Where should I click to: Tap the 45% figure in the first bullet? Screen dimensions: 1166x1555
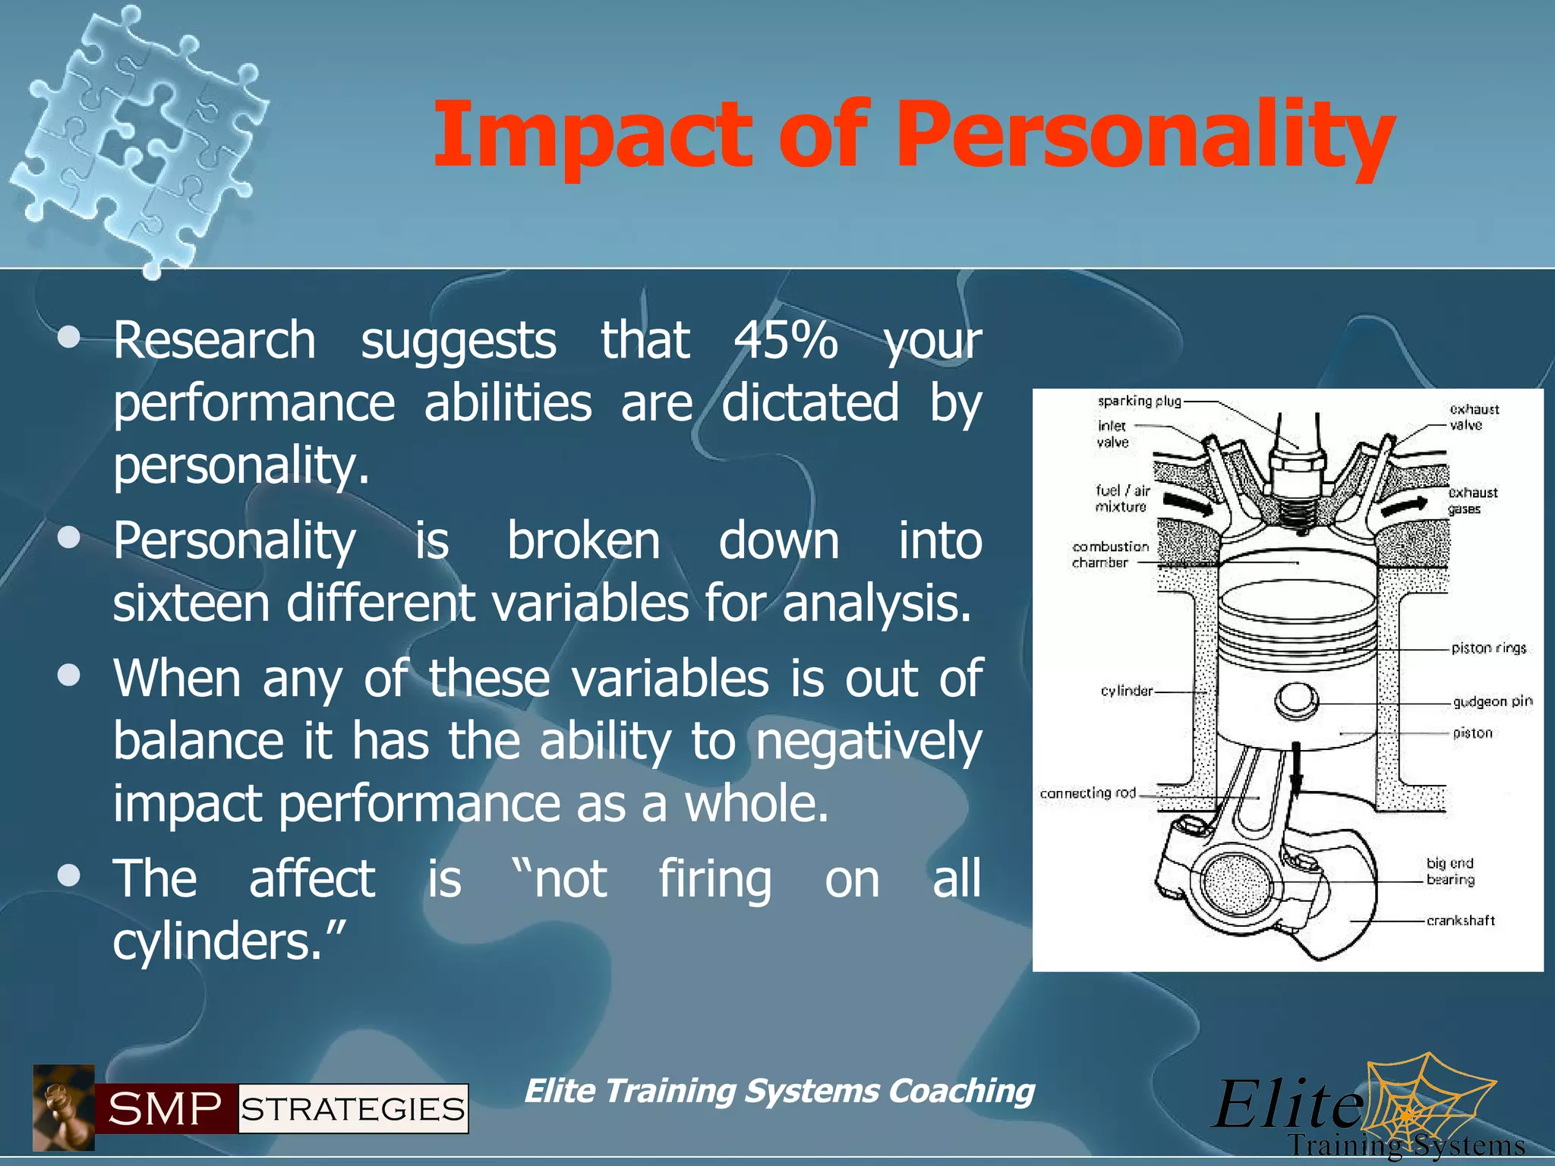pyautogui.click(x=785, y=340)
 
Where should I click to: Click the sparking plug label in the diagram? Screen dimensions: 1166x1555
pyautogui.click(x=1139, y=401)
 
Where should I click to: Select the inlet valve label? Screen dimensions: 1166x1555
pyautogui.click(x=1112, y=433)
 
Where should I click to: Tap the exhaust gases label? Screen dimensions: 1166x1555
pyautogui.click(x=1472, y=500)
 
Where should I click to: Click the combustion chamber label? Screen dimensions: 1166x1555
pyautogui.click(x=1109, y=554)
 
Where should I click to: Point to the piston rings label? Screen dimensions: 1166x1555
pyautogui.click(x=1488, y=648)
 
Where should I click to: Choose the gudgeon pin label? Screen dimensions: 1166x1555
pyautogui.click(x=1492, y=701)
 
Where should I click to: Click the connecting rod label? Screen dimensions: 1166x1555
pyautogui.click(x=1087, y=793)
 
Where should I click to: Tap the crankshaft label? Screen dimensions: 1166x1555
pyautogui.click(x=1460, y=921)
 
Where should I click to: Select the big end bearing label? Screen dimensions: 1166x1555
pyautogui.click(x=1449, y=871)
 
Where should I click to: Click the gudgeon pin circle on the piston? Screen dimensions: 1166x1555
pyautogui.click(x=1295, y=700)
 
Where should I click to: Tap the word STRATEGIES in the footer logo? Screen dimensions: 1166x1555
pyautogui.click(x=353, y=1109)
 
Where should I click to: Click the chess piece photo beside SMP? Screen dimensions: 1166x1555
pyautogui.click(x=64, y=1108)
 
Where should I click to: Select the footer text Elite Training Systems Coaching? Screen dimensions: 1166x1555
pyautogui.click(x=779, y=1091)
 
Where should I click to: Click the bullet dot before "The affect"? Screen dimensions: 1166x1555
pyautogui.click(x=69, y=876)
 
